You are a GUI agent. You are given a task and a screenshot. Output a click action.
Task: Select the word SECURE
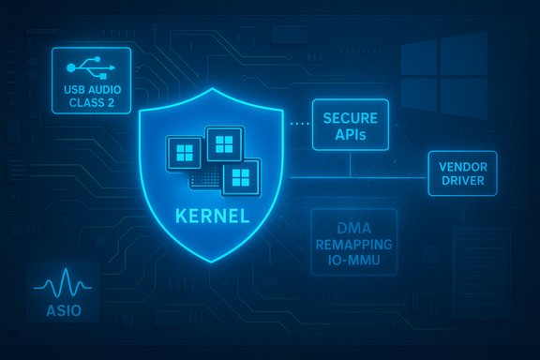click(x=349, y=120)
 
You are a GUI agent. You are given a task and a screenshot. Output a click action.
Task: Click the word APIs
click(x=349, y=137)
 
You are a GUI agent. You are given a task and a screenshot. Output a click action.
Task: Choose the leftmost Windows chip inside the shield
click(x=183, y=156)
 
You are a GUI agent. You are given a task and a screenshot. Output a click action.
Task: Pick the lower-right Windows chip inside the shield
click(x=240, y=175)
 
